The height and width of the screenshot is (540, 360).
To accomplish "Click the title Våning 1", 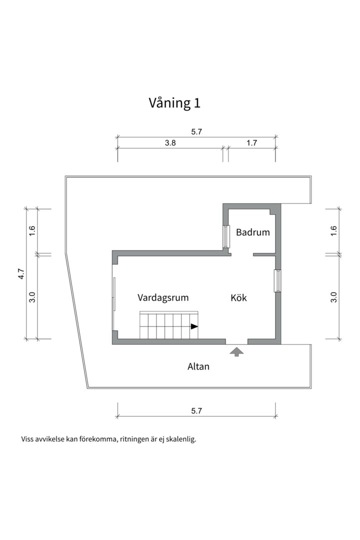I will click(174, 103).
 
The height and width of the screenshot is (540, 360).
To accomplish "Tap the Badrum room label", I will click(252, 232).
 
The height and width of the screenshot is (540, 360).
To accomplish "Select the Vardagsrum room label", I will click(163, 298).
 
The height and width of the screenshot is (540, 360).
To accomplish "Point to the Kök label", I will click(238, 298).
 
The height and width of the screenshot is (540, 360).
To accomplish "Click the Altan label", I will click(198, 366).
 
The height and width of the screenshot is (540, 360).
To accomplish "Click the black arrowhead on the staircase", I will click(194, 326).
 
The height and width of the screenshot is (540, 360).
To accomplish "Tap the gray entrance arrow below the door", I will click(236, 352).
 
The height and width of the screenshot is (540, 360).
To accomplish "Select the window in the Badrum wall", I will click(226, 236).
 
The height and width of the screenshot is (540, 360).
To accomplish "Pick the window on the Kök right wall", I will click(276, 280).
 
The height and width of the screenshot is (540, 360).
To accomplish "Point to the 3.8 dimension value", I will click(170, 143).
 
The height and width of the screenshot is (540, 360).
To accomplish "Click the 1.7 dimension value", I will click(251, 143).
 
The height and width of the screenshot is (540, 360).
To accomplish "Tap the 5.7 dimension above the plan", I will click(196, 132).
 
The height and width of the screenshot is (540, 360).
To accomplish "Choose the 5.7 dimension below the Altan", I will click(196, 411).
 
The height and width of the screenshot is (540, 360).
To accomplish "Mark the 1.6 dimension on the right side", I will click(334, 231).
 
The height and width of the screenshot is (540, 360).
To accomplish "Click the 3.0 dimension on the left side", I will click(32, 297).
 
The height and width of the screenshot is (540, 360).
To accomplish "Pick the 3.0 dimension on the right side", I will click(334, 297).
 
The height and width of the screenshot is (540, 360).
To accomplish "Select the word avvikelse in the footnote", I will click(49, 440).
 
